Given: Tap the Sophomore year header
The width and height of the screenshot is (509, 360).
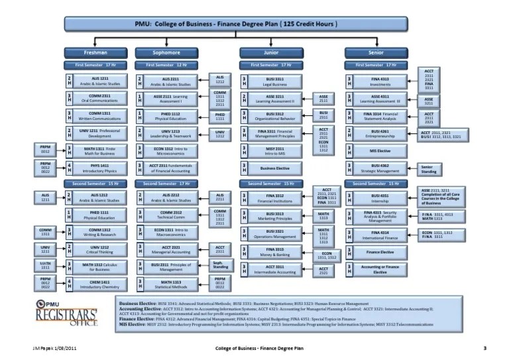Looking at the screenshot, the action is click(167, 52).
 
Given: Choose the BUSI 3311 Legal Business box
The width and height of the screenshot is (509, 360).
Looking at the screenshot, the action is click(275, 81).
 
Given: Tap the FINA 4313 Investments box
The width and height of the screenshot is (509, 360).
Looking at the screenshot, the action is click(380, 81).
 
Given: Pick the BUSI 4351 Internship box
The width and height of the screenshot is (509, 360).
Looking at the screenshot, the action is click(380, 198).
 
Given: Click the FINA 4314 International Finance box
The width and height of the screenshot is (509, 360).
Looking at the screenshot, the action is click(380, 235).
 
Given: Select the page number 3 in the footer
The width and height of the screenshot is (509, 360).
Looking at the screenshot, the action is click(485, 347).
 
